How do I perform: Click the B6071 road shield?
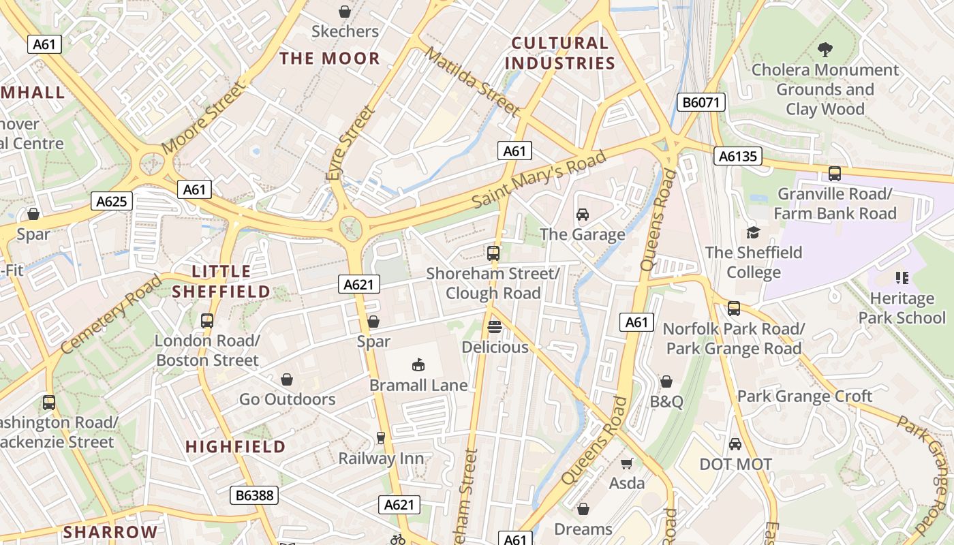[701, 103]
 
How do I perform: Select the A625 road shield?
[111, 201]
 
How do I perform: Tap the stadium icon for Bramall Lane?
[418, 365]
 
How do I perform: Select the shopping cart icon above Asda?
[626, 464]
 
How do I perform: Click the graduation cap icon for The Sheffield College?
[753, 232]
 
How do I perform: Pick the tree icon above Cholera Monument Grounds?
[825, 50]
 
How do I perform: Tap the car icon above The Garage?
[582, 215]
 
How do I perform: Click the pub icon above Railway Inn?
[381, 438]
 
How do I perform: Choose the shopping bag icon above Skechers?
[345, 12]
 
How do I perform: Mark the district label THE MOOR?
[329, 59]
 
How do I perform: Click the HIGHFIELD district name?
[236, 447]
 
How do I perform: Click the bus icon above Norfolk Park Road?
[734, 309]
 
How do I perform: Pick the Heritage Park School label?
[902, 308]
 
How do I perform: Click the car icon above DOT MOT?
[735, 444]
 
